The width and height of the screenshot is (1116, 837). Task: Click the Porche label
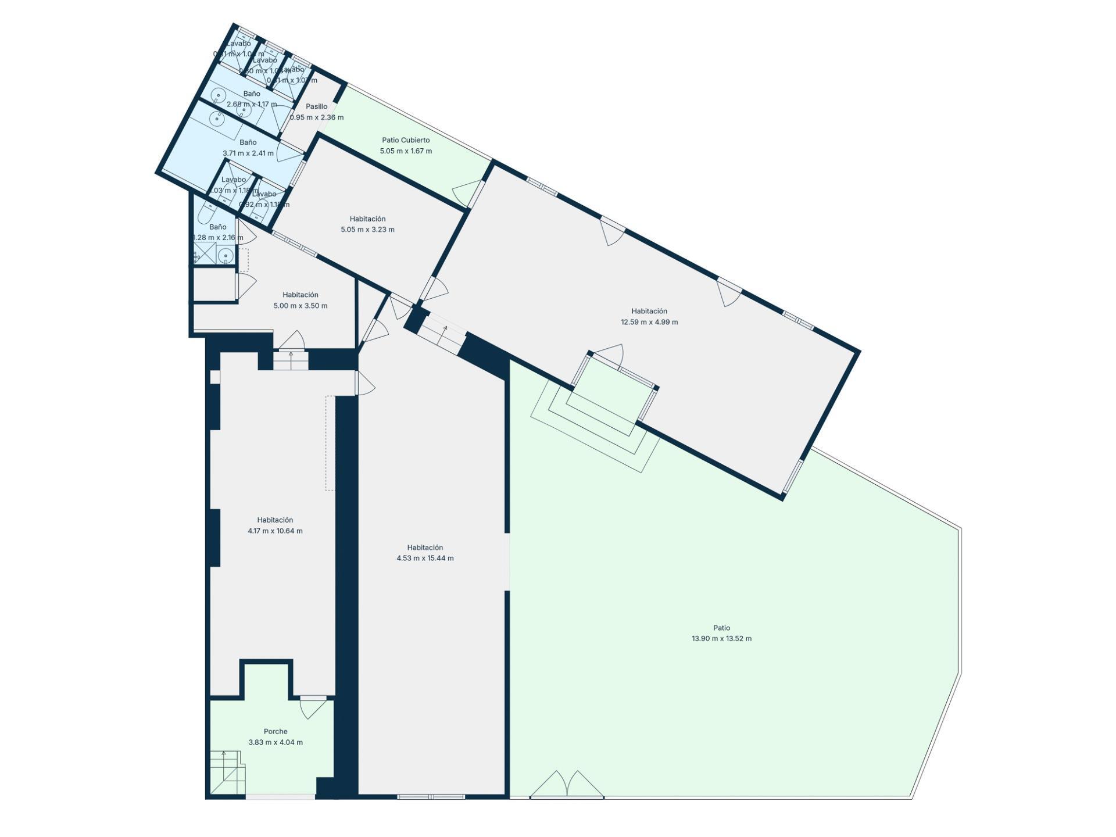tap(276, 731)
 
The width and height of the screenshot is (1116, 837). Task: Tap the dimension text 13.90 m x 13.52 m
tap(721, 638)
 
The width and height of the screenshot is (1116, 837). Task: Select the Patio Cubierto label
tap(406, 140)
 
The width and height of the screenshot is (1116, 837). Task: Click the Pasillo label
tap(317, 106)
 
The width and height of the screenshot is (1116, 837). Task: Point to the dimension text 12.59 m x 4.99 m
tap(649, 322)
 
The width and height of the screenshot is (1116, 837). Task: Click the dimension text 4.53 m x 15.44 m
tap(425, 558)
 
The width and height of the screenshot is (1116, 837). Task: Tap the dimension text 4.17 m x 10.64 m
tap(275, 531)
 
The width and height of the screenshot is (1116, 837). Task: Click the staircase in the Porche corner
tap(227, 772)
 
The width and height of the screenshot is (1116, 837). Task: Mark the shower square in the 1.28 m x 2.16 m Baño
tap(204, 253)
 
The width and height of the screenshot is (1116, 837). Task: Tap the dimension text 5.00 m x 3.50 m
tap(300, 306)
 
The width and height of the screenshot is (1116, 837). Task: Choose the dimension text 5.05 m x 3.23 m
tap(367, 230)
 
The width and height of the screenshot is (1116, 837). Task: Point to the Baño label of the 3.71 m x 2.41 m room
tap(248, 142)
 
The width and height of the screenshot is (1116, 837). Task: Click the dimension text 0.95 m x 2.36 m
tap(317, 117)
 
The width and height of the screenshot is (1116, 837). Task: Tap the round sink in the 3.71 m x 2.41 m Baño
tap(217, 119)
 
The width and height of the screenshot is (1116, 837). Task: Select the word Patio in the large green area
tap(721, 628)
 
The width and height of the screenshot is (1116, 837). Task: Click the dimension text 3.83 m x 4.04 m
tap(276, 742)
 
